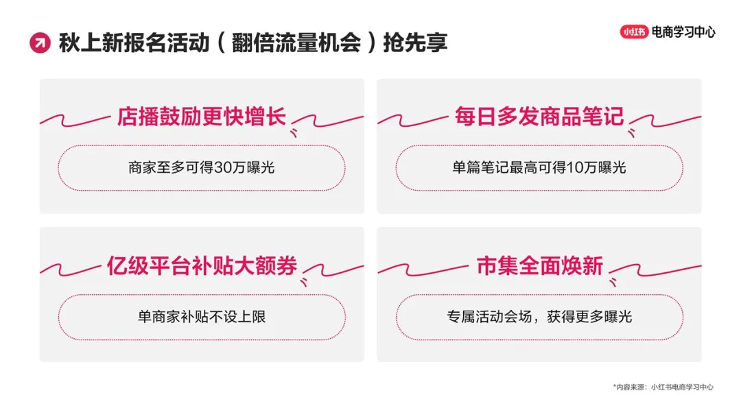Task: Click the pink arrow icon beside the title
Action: pos(40,43)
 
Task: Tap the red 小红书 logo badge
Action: pos(634,32)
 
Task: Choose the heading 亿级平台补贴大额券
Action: pos(201,265)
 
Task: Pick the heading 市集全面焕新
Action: pos(539,265)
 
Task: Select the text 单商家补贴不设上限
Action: pos(201,317)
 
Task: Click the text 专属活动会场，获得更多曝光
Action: pos(539,317)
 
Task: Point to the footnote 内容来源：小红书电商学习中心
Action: pos(663,387)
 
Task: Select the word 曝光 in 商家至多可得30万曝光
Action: pos(260,167)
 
